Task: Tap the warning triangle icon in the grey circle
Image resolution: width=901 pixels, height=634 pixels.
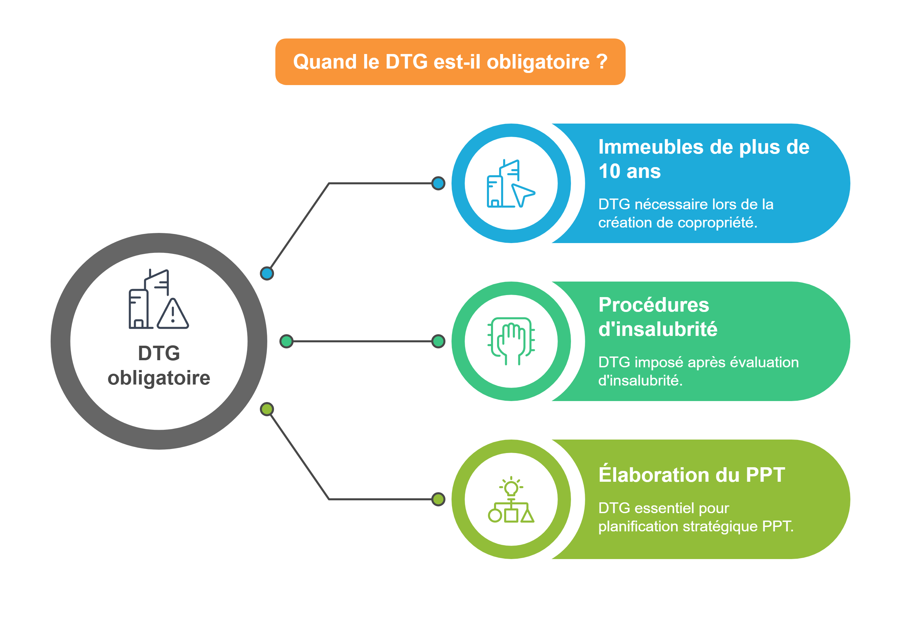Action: tap(173, 314)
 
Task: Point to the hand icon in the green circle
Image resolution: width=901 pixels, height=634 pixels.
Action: tap(511, 341)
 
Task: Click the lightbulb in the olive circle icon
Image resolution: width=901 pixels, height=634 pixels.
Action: tap(511, 489)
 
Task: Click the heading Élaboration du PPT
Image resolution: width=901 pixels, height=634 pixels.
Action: tap(691, 475)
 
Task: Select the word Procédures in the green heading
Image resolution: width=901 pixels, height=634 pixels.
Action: tap(654, 305)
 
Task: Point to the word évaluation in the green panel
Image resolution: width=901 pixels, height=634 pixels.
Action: tap(764, 362)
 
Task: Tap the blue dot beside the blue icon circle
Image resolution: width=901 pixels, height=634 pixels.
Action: tap(438, 183)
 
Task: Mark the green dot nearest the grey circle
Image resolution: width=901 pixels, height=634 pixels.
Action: tap(286, 341)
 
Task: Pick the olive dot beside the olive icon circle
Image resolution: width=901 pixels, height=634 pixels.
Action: tap(438, 499)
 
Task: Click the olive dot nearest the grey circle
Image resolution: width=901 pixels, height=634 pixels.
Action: tap(267, 410)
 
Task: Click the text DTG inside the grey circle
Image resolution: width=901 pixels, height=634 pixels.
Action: tap(159, 353)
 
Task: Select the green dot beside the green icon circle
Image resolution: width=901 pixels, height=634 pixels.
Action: tap(438, 341)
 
